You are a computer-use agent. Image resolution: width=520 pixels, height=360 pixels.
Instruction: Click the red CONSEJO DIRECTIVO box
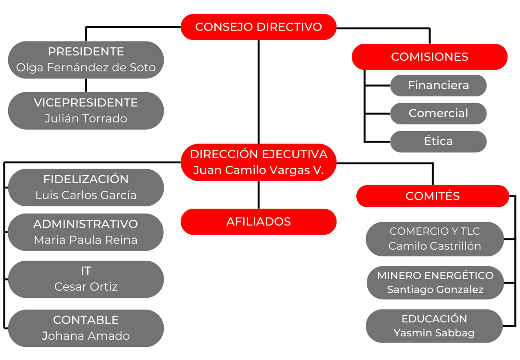coord(259,27)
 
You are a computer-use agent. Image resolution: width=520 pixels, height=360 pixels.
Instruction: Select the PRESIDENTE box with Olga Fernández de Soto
coord(86,60)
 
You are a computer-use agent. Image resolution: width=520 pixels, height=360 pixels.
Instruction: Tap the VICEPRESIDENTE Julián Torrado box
coord(86,110)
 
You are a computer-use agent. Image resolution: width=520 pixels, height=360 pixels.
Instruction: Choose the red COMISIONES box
coord(429,57)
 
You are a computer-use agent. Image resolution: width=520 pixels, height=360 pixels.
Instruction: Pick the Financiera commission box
coord(438,85)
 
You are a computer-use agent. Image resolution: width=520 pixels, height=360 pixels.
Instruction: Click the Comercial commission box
coord(438,113)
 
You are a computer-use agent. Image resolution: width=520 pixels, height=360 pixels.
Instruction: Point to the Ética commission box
coord(438,141)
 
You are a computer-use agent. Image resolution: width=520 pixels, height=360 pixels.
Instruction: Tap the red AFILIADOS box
coord(259,222)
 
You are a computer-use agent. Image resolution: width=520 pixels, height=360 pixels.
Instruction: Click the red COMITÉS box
coord(432,196)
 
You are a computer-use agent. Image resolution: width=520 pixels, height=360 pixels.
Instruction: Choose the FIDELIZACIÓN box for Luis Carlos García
coord(86,187)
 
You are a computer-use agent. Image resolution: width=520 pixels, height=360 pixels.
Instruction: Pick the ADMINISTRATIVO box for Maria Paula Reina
coord(86,232)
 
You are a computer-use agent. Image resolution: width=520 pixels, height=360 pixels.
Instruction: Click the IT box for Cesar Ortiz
coord(86,279)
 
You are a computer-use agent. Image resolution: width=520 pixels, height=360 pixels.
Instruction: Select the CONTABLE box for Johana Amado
coord(86,328)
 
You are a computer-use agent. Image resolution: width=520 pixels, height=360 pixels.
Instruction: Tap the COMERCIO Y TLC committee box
coord(434,239)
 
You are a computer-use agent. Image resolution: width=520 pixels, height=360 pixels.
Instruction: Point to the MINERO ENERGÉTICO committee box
coord(435,282)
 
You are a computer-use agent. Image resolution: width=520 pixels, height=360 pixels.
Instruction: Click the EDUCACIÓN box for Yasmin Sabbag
coord(434,326)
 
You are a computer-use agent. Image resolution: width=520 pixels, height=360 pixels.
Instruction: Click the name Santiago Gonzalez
coord(435,290)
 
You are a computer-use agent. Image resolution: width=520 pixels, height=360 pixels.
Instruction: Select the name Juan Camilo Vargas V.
coord(259,170)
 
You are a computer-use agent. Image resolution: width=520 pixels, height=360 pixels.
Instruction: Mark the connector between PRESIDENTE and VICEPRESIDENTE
coord(86,85)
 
